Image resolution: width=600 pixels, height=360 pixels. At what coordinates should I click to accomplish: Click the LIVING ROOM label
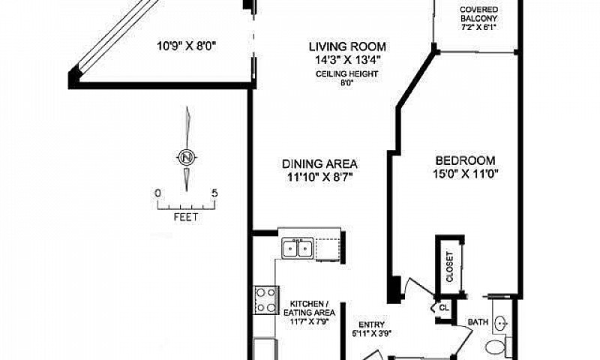click(x=347, y=47)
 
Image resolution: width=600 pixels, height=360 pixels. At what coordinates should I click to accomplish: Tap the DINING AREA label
click(x=320, y=164)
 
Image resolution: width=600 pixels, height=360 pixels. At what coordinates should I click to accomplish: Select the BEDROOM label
click(x=465, y=160)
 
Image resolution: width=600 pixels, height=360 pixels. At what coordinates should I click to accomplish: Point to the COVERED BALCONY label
click(x=478, y=13)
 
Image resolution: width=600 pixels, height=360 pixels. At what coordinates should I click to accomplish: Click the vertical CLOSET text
click(x=449, y=267)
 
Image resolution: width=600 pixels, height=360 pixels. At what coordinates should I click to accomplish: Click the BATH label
click(x=478, y=322)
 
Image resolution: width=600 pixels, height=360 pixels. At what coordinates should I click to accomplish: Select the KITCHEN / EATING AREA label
click(x=309, y=308)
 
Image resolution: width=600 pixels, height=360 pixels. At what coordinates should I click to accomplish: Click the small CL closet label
click(x=444, y=307)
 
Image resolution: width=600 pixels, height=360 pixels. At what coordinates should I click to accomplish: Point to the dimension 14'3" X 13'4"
click(x=347, y=60)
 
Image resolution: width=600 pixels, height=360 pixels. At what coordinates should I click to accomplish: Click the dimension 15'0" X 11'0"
click(x=465, y=174)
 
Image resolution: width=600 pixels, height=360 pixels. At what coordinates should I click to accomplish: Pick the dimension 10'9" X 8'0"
click(x=187, y=46)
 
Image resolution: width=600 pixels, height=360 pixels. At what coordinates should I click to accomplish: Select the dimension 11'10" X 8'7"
click(x=320, y=177)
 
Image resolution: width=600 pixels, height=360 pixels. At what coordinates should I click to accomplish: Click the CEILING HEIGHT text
click(x=346, y=73)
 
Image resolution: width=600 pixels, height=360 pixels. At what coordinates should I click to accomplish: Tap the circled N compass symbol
click(x=187, y=157)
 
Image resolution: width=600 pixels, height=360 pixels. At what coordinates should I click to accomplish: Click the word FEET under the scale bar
click(x=186, y=217)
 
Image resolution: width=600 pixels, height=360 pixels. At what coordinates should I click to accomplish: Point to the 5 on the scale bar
click(x=214, y=193)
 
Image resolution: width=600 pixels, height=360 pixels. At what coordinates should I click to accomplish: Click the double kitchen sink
click(x=298, y=248)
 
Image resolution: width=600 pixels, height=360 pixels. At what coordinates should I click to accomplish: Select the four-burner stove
click(x=267, y=300)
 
